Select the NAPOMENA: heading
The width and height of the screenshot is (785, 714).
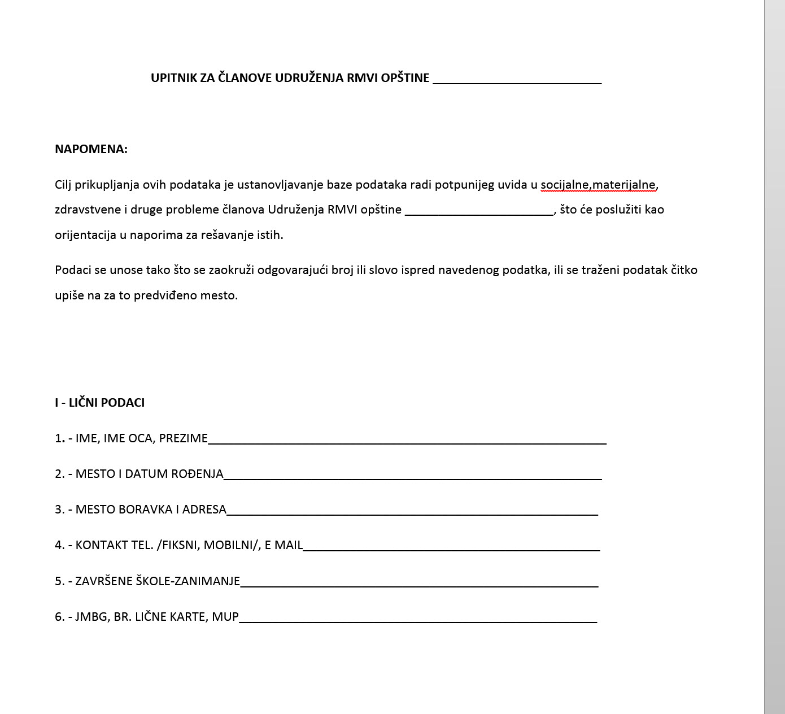(x=91, y=149)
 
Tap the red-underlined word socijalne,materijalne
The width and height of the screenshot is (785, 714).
(x=598, y=185)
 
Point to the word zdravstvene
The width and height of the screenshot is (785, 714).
(x=87, y=210)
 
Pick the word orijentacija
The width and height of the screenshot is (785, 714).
(x=85, y=235)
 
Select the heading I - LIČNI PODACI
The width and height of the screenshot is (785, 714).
(x=99, y=403)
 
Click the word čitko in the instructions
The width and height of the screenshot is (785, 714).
(x=684, y=270)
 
